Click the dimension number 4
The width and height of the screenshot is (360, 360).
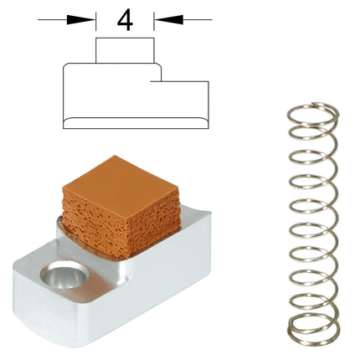125,21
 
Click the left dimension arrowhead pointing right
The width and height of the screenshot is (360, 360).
81,20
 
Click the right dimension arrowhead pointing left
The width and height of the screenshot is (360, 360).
168,20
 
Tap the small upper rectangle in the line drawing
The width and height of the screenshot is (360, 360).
125,50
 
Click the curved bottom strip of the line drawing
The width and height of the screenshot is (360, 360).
136,123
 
